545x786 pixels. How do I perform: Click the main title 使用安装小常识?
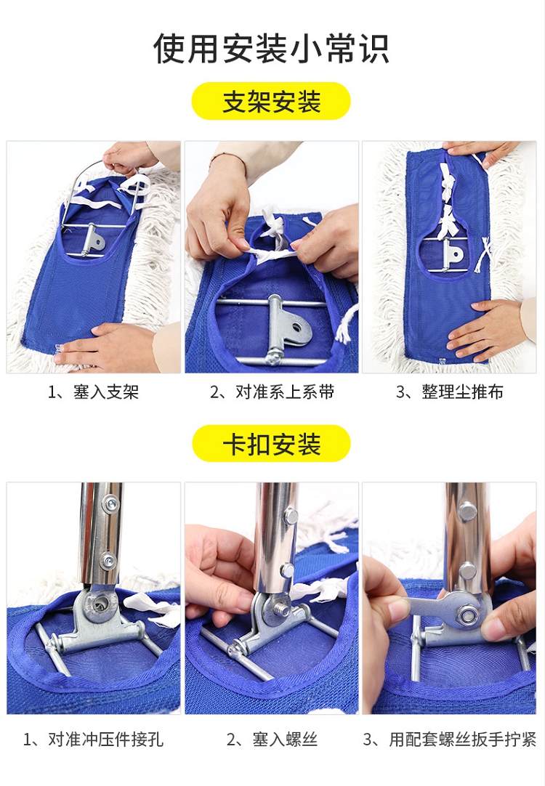271,49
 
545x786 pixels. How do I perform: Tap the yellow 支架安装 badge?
271,101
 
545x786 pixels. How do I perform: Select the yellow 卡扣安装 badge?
271,444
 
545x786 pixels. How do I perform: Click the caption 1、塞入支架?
93,392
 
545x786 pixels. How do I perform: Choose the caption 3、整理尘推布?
449,392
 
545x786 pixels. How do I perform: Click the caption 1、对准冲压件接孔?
93,740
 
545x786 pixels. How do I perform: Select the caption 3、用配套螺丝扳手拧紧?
449,740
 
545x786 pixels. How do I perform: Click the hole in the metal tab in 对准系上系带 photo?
297,329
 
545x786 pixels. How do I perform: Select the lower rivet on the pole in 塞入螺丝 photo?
287,570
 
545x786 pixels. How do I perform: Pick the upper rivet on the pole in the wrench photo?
467,511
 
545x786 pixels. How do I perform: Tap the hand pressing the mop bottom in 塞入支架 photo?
105,346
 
